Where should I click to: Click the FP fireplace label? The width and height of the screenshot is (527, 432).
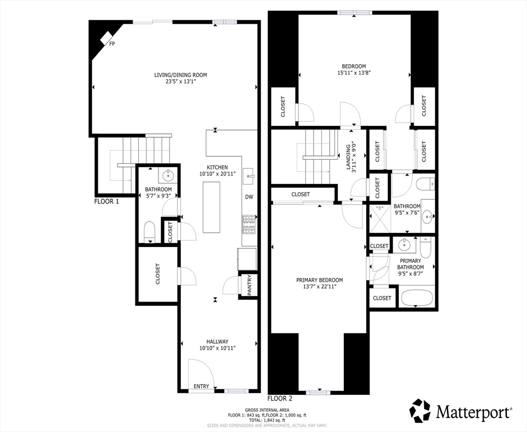pos(112,43)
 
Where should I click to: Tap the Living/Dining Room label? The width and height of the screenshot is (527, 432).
pos(180,75)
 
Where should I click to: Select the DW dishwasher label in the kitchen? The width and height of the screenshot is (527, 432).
pos(249,197)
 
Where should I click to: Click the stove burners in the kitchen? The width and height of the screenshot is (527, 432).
pos(249,224)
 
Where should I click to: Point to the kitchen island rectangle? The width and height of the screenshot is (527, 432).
pos(211,207)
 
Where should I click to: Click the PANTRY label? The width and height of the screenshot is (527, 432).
pos(249,285)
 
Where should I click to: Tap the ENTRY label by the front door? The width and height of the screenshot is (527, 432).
pos(201,386)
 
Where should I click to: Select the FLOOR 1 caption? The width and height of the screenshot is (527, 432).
pos(107,202)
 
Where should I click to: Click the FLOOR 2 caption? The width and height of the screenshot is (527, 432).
pos(280,399)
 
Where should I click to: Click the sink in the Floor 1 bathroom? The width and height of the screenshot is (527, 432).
pos(167,175)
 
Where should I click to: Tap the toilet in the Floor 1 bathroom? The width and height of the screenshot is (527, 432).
pos(149,232)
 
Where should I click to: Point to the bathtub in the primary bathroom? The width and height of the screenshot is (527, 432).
pos(417,298)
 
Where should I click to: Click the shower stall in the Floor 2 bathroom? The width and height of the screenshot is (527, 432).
pos(380,218)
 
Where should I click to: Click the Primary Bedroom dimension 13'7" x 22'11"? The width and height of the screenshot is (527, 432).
pos(320,287)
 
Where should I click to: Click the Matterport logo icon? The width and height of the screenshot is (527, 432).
pos(420,411)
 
